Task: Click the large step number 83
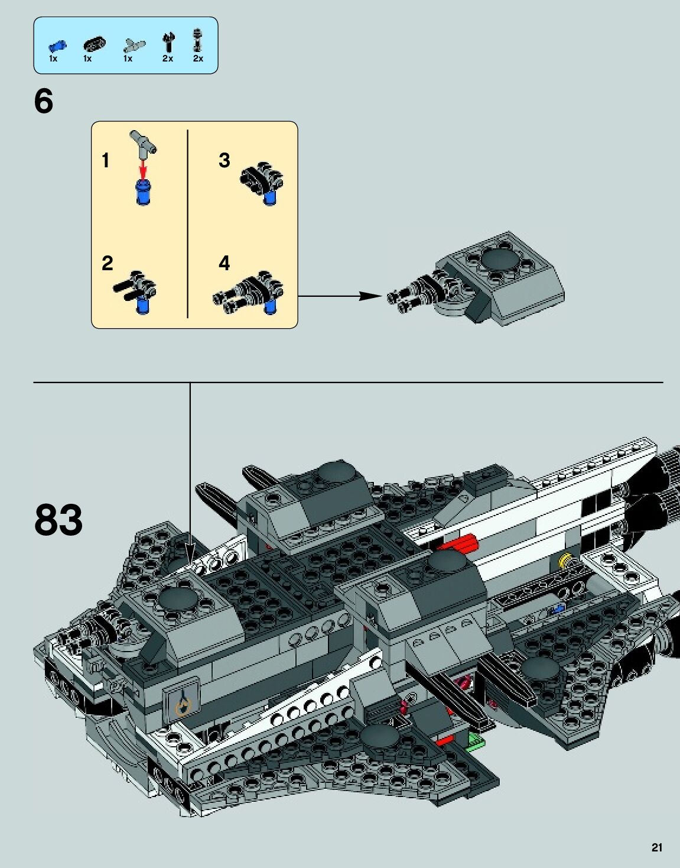tap(58, 520)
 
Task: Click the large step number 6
tap(44, 101)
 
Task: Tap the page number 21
tap(657, 847)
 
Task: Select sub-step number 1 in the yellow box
tap(106, 160)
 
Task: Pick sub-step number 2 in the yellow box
tap(107, 263)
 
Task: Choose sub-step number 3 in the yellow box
tap(225, 160)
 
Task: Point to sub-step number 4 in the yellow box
tap(225, 263)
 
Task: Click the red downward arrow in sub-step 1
tap(142, 171)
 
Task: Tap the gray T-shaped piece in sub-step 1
tap(143, 142)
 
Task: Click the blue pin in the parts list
tap(57, 46)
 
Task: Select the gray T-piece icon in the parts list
tap(134, 45)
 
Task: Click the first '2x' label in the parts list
tap(168, 59)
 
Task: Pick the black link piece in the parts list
tap(94, 43)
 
